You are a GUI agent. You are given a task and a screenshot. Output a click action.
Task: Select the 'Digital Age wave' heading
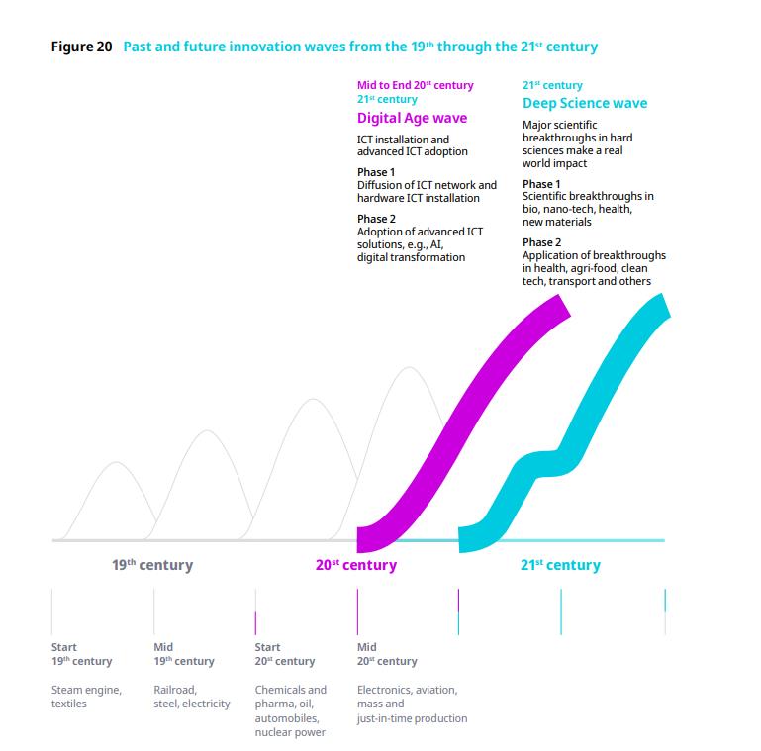pyautogui.click(x=412, y=118)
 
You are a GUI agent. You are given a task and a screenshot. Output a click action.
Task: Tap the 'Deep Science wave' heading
pyautogui.click(x=585, y=103)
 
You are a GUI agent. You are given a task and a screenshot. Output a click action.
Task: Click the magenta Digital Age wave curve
pyautogui.click(x=465, y=416)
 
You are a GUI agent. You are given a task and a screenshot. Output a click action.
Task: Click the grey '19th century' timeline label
pyautogui.click(x=151, y=565)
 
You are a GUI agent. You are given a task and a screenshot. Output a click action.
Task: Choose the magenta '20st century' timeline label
pyautogui.click(x=356, y=565)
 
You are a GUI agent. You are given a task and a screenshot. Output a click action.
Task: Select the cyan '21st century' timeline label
pyautogui.click(x=560, y=565)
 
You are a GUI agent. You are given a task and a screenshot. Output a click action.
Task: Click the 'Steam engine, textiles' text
pyautogui.click(x=86, y=697)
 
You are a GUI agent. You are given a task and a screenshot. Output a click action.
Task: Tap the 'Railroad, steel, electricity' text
pyautogui.click(x=191, y=697)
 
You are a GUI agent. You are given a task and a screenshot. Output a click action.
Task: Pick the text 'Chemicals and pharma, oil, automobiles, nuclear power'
pyautogui.click(x=290, y=710)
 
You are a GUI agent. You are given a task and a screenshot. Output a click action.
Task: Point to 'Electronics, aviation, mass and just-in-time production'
pyautogui.click(x=412, y=704)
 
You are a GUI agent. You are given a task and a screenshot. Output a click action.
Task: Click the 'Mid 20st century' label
pyautogui.click(x=387, y=654)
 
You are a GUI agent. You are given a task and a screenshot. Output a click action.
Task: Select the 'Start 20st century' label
pyautogui.click(x=285, y=654)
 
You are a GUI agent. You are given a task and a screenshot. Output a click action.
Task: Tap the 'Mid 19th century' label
pyautogui.click(x=183, y=654)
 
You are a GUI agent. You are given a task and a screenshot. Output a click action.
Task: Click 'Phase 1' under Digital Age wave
pyautogui.click(x=375, y=172)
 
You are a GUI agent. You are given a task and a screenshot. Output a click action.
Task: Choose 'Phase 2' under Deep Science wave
pyautogui.click(x=541, y=242)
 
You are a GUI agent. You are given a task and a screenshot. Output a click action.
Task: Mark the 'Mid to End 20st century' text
pyautogui.click(x=415, y=85)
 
